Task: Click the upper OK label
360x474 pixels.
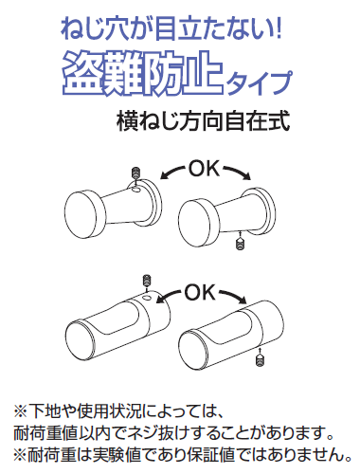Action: click(x=204, y=169)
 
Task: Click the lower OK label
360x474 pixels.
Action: click(x=199, y=292)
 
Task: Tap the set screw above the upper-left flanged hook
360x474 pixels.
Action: click(x=135, y=173)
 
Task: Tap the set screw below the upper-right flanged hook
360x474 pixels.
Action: click(x=241, y=244)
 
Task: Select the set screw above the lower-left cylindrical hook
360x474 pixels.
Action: click(x=147, y=280)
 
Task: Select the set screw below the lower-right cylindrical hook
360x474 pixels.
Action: click(x=260, y=360)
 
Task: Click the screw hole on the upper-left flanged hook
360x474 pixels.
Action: click(x=136, y=190)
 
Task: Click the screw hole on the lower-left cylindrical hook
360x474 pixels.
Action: click(x=147, y=298)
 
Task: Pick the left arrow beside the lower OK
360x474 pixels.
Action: click(x=169, y=295)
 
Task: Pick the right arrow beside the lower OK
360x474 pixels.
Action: click(x=233, y=295)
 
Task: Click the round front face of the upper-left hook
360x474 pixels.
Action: click(x=81, y=215)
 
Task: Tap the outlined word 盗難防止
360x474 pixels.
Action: click(x=143, y=74)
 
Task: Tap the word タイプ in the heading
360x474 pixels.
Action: click(x=259, y=82)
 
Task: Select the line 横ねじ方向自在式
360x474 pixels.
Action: click(x=204, y=121)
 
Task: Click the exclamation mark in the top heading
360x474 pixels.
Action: click(x=278, y=29)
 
